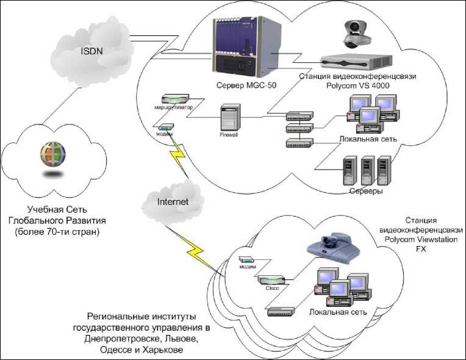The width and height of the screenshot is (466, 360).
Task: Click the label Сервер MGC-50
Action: click(x=243, y=84)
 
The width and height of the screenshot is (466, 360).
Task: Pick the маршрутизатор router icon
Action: click(x=176, y=99)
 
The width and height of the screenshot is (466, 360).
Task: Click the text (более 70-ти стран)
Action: click(x=54, y=232)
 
